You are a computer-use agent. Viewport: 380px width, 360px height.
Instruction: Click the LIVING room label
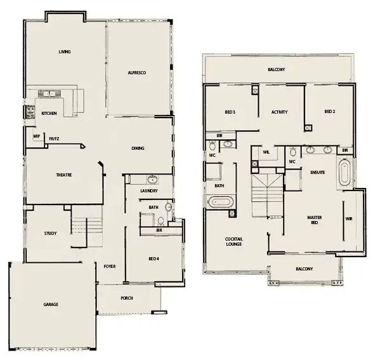pyautogui.click(x=64, y=51)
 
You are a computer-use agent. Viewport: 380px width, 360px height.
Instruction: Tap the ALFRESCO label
pyautogui.click(x=137, y=74)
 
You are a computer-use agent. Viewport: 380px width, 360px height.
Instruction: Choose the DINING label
pyautogui.click(x=138, y=148)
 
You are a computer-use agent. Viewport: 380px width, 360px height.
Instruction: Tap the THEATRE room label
pyautogui.click(x=63, y=175)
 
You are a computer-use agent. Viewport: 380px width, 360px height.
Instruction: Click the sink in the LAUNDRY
pyautogui.click(x=152, y=180)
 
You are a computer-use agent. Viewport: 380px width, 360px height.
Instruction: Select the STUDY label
pyautogui.click(x=50, y=233)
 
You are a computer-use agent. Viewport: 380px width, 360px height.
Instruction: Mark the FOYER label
pyautogui.click(x=109, y=266)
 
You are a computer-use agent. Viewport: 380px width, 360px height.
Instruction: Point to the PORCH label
pyautogui.click(x=127, y=297)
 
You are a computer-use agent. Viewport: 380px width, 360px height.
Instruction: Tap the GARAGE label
pyautogui.click(x=51, y=304)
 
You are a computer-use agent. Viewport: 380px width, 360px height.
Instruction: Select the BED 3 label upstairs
pyautogui.click(x=230, y=112)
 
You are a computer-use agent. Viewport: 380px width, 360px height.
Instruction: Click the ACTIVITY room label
pyautogui.click(x=279, y=112)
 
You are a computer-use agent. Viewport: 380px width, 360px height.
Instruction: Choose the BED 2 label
pyautogui.click(x=329, y=111)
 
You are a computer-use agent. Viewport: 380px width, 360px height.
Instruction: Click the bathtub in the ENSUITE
pyautogui.click(x=344, y=173)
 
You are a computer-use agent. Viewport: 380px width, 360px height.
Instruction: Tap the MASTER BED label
pyautogui.click(x=314, y=220)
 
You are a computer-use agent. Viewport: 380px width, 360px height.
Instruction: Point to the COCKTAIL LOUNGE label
pyautogui.click(x=234, y=242)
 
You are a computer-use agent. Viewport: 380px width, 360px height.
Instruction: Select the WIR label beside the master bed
pyautogui.click(x=348, y=218)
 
